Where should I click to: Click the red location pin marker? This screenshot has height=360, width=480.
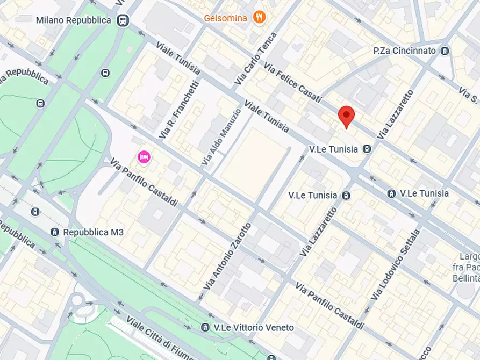click(347, 116)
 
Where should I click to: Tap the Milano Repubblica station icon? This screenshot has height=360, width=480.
click(123, 20)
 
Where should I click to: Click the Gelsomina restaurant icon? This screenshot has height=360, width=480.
click(260, 18)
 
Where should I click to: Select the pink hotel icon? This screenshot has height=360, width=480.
click(144, 157)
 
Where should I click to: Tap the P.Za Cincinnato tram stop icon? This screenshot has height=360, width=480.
click(444, 51)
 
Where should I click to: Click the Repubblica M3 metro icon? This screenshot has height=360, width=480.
click(54, 232)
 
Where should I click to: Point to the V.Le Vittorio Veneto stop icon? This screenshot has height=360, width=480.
click(205, 327)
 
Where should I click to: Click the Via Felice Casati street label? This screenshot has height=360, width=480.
click(292, 81)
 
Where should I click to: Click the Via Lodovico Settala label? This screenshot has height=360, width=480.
click(395, 265)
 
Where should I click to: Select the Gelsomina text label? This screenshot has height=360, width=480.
click(225, 18)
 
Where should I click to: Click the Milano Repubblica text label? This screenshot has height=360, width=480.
click(74, 20)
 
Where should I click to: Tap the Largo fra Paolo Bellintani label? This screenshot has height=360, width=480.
click(469, 267)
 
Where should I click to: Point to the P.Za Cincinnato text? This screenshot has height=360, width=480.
click(404, 51)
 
